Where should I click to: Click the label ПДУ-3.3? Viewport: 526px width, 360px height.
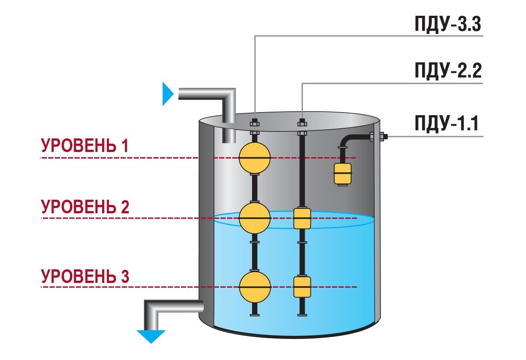click(x=448, y=25)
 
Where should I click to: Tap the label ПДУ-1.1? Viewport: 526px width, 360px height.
click(x=448, y=124)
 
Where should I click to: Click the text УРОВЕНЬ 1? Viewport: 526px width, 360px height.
click(x=85, y=146)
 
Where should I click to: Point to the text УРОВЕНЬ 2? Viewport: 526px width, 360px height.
click(x=85, y=206)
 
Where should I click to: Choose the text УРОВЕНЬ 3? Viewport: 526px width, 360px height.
click(x=85, y=277)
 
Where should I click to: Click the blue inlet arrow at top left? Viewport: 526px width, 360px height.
click(x=168, y=94)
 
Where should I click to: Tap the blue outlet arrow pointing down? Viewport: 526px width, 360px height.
click(x=151, y=336)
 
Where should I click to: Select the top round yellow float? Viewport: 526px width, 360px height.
click(x=255, y=157)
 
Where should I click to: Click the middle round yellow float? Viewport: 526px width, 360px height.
click(x=255, y=218)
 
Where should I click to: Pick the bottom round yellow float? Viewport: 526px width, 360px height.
click(x=255, y=287)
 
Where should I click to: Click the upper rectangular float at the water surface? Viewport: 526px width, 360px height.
click(x=302, y=219)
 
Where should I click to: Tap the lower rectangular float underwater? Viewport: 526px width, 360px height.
click(x=302, y=287)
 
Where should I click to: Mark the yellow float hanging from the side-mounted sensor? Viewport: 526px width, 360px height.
click(x=343, y=173)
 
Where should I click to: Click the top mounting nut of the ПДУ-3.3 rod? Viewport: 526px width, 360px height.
click(x=255, y=122)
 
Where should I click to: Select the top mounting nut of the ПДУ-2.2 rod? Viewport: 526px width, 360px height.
click(x=302, y=122)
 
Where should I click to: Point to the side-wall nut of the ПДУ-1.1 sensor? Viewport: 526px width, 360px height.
click(x=380, y=137)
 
